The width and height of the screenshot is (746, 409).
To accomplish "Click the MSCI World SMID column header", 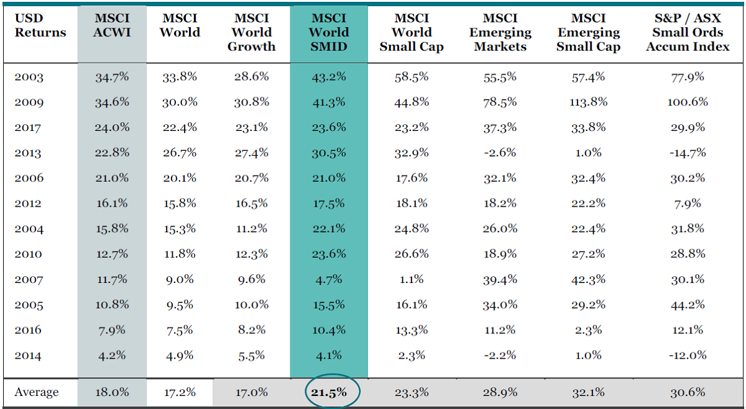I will pyautogui.click(x=328, y=32).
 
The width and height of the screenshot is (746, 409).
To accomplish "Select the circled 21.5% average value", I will pyautogui.click(x=329, y=392).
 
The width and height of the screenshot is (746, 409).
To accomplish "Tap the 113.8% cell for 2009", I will pyautogui.click(x=587, y=102).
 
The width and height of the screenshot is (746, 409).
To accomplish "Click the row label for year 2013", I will pyautogui.click(x=29, y=153).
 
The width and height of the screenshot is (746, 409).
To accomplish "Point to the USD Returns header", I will pyautogui.click(x=40, y=25).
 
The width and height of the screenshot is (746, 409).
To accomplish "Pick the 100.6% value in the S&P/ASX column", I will pyautogui.click(x=688, y=102).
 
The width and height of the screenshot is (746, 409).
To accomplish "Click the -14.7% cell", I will pyautogui.click(x=687, y=153).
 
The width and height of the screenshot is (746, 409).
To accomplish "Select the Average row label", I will pyautogui.click(x=36, y=392).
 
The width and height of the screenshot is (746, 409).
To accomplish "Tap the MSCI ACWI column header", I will pyautogui.click(x=112, y=25).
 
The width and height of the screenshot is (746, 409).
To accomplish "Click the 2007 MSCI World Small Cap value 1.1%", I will pyautogui.click(x=411, y=279).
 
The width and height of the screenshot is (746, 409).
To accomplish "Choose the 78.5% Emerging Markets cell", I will pyautogui.click(x=500, y=102).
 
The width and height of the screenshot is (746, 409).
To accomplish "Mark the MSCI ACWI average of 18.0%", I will pyautogui.click(x=112, y=392).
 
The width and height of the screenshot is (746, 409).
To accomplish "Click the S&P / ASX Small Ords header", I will pyautogui.click(x=688, y=32).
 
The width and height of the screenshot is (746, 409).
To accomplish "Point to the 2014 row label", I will pyautogui.click(x=29, y=356).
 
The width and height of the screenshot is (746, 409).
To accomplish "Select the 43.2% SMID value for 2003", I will pyautogui.click(x=329, y=77).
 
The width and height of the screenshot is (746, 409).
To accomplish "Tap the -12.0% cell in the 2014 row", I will pyautogui.click(x=687, y=356).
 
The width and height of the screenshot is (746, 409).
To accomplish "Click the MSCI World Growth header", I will pyautogui.click(x=251, y=32).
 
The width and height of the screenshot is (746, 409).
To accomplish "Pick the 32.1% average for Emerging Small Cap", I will pyautogui.click(x=587, y=392).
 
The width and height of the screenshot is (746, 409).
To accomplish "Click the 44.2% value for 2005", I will pyautogui.click(x=688, y=305).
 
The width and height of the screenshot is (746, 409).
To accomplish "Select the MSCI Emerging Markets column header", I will pyautogui.click(x=500, y=32).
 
